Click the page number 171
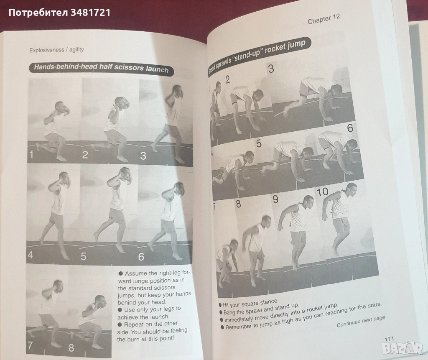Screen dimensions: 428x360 (x=389, y=339)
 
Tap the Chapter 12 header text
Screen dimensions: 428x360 (x=324, y=19)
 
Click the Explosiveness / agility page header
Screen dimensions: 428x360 (x=56, y=50)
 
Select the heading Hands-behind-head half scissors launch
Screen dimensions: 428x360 (x=101, y=68)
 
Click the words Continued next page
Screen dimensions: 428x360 (x=361, y=321)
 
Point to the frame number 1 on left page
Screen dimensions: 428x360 (x=31, y=155)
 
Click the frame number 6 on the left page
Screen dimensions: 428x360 (x=141, y=257)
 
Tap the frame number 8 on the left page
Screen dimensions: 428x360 (x=71, y=348)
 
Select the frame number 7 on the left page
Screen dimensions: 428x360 (x=30, y=345)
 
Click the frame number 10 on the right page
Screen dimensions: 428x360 (x=322, y=192)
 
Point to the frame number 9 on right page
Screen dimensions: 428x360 (x=275, y=199)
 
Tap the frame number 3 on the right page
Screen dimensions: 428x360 (x=271, y=69)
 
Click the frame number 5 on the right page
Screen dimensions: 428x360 (x=258, y=143)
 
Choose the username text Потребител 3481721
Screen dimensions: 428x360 (x=59, y=13)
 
